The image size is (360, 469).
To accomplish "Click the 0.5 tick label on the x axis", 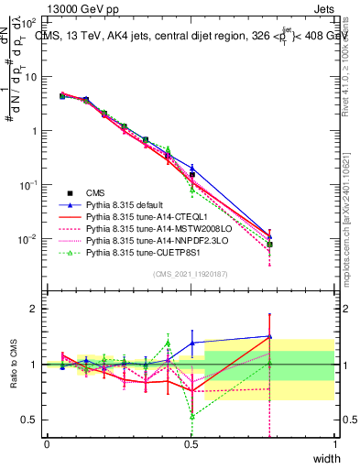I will pyautogui.click(x=191, y=442).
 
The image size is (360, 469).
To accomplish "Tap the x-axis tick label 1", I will pyautogui.click(x=334, y=442).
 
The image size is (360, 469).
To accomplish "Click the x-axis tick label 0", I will pyautogui.click(x=47, y=442).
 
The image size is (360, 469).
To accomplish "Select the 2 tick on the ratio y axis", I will pyautogui.click(x=34, y=309).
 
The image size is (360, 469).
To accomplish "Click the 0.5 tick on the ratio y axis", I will pyautogui.click(x=30, y=420).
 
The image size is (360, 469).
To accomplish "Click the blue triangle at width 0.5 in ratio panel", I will pyautogui.click(x=191, y=343).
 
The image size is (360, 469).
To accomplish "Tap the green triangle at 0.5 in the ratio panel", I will pyautogui.click(x=191, y=416).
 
